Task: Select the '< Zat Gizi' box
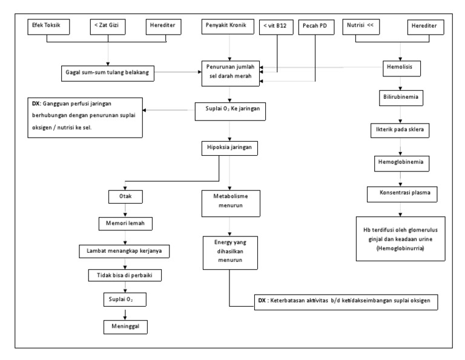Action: point(108,27)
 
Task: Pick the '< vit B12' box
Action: point(275,27)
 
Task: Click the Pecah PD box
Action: point(316,27)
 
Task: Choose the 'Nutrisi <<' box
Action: point(364,27)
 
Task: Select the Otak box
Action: point(124,196)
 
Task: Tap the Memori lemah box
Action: point(124,222)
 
